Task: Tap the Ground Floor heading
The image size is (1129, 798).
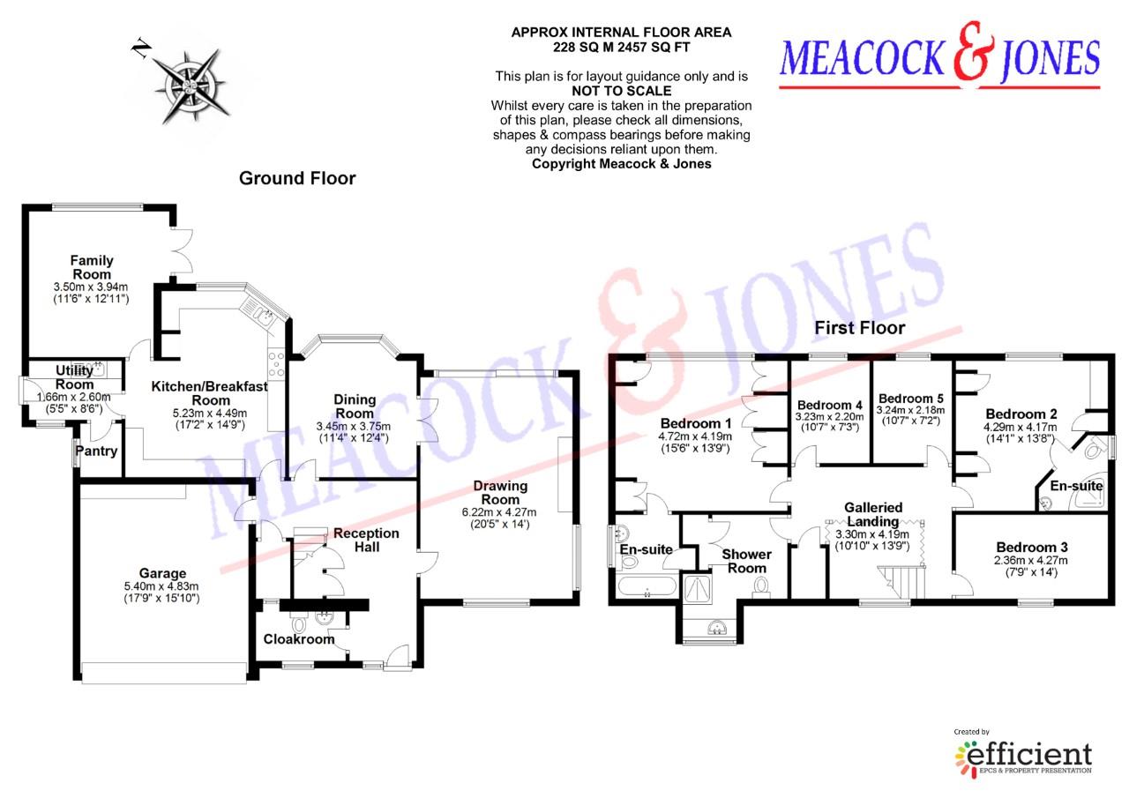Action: click(297, 179)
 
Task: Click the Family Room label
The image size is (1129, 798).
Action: click(92, 267)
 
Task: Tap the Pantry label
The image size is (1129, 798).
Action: click(96, 451)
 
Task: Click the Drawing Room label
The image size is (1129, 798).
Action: click(500, 492)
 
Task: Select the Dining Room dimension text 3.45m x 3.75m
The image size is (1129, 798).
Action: click(354, 427)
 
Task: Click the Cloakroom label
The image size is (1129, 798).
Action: click(300, 639)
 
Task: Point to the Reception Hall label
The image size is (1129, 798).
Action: click(366, 540)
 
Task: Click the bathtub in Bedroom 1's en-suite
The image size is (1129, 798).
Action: click(647, 588)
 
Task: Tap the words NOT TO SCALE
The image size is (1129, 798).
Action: click(621, 91)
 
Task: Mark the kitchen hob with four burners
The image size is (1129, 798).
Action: click(274, 364)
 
